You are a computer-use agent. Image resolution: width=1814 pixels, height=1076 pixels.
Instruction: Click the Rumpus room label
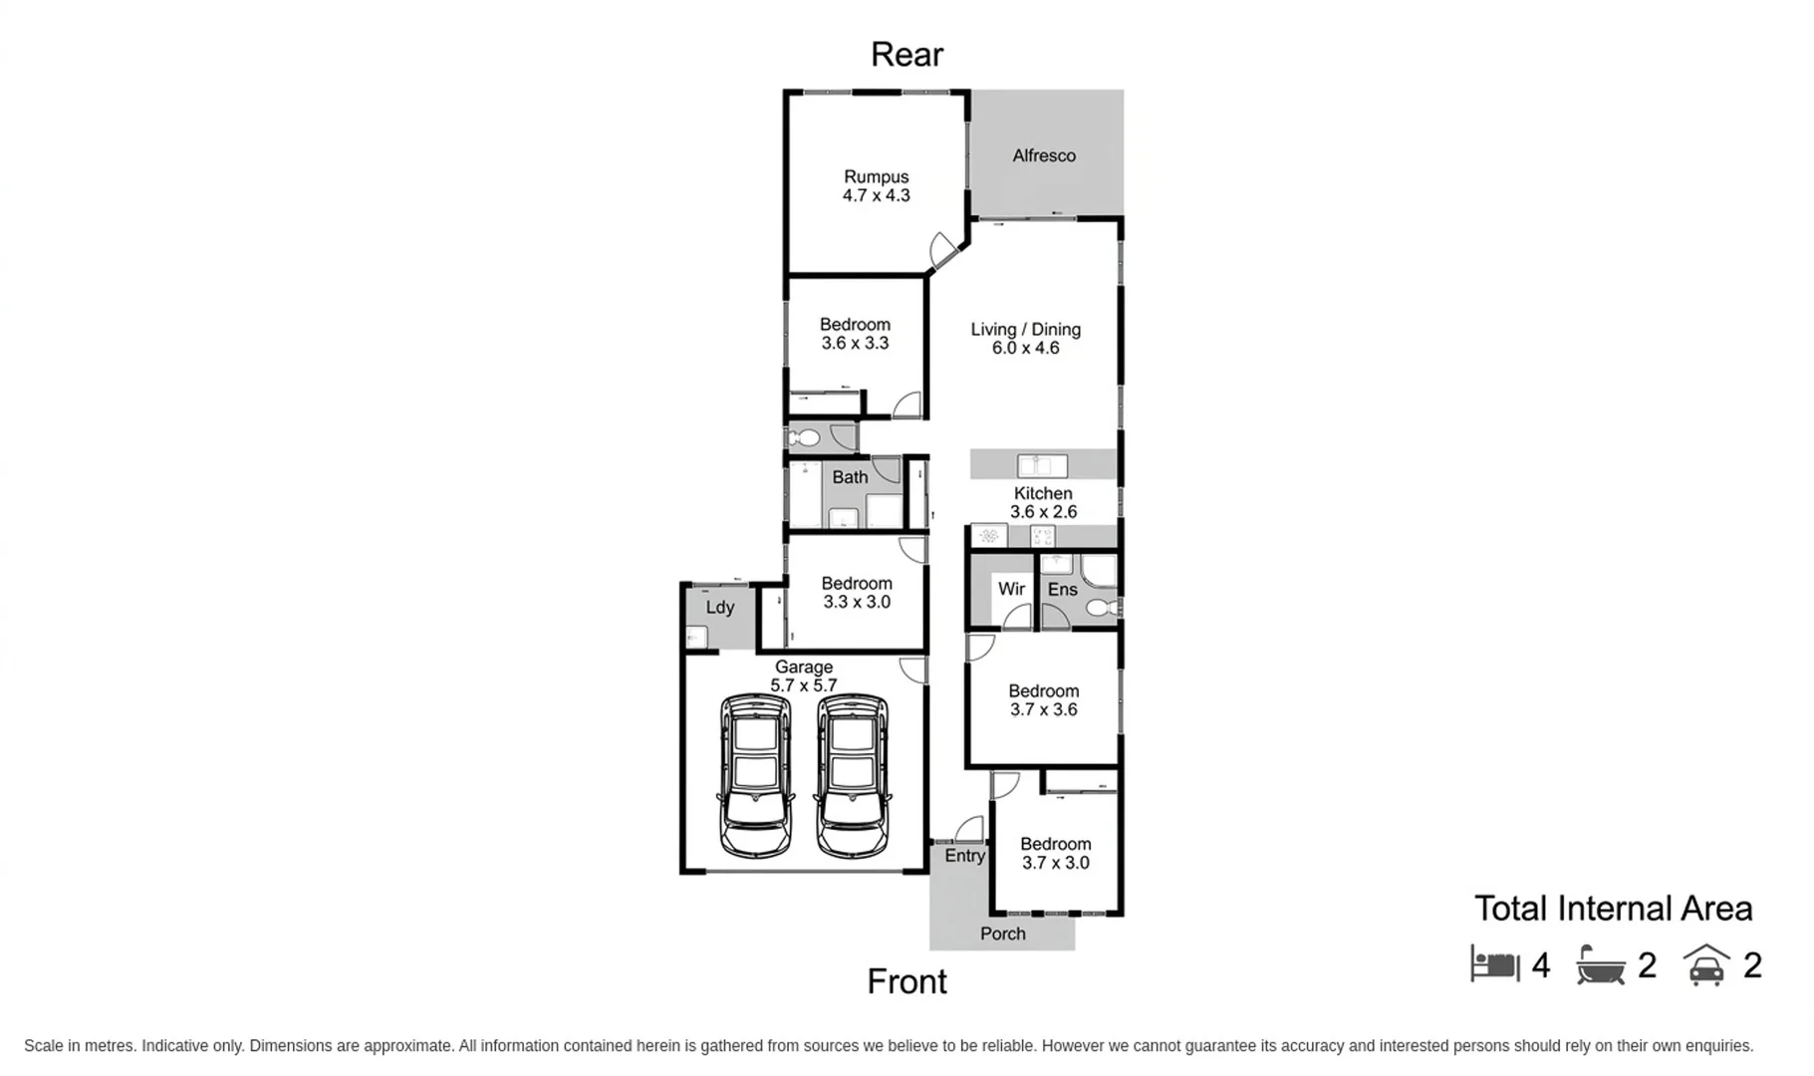click(x=876, y=176)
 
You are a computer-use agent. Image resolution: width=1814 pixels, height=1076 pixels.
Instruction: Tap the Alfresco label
click(x=1043, y=155)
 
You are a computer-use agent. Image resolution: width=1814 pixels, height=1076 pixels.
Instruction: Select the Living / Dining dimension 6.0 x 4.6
click(x=1025, y=348)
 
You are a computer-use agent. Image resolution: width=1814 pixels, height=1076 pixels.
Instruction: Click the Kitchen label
click(x=1043, y=493)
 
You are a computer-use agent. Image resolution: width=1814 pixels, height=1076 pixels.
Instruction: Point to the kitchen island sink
click(x=1042, y=465)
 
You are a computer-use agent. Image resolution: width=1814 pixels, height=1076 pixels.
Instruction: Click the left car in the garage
click(x=755, y=775)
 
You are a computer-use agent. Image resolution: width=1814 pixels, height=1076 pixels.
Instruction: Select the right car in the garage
click(x=852, y=775)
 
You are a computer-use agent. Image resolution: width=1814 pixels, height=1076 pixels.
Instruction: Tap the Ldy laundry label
click(x=720, y=607)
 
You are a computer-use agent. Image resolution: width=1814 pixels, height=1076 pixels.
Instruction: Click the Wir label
click(x=1011, y=589)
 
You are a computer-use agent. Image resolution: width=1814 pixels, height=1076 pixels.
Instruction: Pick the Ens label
click(x=1062, y=589)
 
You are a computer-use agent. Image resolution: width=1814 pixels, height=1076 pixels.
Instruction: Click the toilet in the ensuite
click(x=1103, y=607)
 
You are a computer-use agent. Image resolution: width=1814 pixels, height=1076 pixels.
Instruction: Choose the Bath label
click(x=850, y=477)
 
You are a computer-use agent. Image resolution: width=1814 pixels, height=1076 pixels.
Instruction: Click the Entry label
click(x=964, y=855)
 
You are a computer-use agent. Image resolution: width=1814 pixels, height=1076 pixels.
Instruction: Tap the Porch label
click(x=1002, y=934)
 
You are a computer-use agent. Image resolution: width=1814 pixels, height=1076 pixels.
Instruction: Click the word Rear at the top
click(x=907, y=54)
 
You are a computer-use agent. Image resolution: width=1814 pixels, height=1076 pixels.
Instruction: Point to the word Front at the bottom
click(x=907, y=981)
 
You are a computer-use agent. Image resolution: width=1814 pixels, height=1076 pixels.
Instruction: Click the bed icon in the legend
click(x=1495, y=963)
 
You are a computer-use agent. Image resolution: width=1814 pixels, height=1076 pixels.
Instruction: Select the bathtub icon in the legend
click(x=1602, y=964)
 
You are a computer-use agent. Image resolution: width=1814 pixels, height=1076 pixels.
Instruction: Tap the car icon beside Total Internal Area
click(x=1706, y=964)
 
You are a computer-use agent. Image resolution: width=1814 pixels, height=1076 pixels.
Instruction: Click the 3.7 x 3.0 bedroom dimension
click(x=1055, y=863)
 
